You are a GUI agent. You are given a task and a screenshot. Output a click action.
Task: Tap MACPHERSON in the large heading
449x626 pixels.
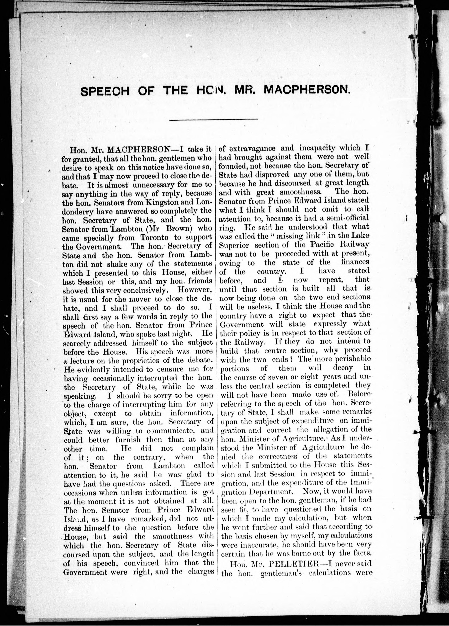(x=307, y=90)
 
